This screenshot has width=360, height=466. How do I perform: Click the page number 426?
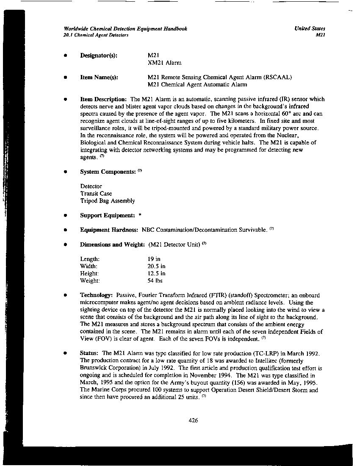194,421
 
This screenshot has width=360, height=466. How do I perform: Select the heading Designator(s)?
99,55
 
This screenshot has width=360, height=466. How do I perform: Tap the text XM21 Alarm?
164,63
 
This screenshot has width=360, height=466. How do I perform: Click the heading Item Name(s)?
99,77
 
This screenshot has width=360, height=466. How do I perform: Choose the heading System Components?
108,172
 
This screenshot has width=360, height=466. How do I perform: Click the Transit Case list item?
96,194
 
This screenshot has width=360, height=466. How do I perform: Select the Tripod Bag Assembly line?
108,201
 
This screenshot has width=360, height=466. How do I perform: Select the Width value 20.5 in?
156,266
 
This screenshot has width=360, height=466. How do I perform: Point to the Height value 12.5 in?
156,273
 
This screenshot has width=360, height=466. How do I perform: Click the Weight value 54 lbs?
155,280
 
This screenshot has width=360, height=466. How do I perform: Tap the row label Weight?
90,280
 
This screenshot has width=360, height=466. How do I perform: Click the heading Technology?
96,295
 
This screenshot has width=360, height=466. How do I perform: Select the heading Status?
90,353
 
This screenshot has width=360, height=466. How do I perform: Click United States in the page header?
310,29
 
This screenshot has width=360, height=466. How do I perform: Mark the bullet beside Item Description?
65,99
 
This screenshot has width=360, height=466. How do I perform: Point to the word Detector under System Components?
91,186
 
